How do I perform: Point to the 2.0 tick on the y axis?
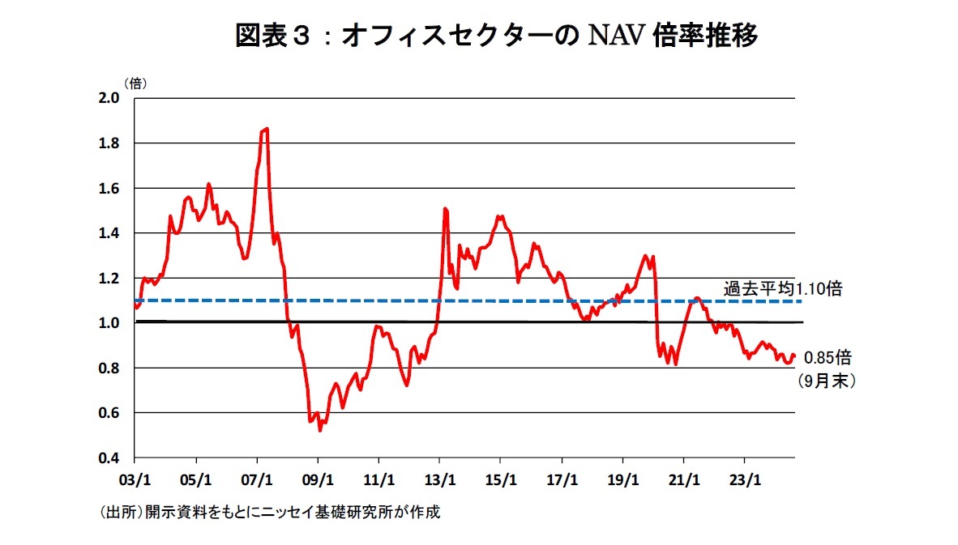coord(109,98)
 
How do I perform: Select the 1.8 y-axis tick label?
coord(109,143)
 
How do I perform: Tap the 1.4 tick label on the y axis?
coord(109,233)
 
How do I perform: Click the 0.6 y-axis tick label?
coord(109,413)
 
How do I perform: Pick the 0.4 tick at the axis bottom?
coord(109,458)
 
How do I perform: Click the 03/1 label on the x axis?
coord(135,479)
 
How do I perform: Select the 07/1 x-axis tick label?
coord(257,479)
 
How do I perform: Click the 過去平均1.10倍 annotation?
coord(782,288)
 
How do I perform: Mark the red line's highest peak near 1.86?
coord(266,129)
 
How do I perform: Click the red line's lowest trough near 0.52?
coord(320,430)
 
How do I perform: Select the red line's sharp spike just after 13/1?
coord(445,209)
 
